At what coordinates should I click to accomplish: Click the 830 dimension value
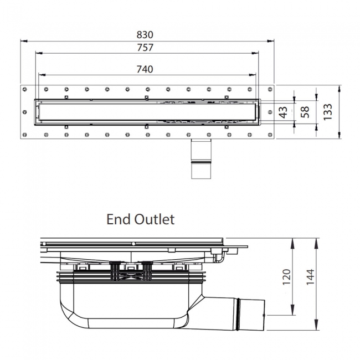[145, 35]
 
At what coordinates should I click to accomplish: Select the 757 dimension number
[145, 48]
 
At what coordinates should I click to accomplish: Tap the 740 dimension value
[145, 69]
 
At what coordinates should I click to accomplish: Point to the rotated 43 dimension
[284, 112]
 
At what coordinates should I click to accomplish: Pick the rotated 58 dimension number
[305, 112]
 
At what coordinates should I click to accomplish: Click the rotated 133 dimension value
[328, 112]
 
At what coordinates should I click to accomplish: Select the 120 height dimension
[286, 277]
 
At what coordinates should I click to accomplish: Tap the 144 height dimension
[310, 277]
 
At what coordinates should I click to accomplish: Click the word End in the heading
[118, 219]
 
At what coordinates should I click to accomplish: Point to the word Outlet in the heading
[155, 219]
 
